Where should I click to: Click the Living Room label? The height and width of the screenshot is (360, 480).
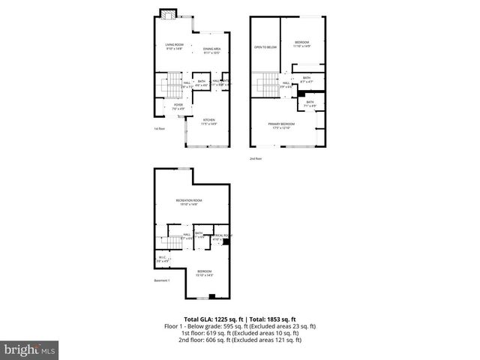coord(174,47)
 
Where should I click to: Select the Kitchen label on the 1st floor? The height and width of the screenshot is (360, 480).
coord(209,121)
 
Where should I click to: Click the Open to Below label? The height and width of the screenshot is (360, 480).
coord(265,47)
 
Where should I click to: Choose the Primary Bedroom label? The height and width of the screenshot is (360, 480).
coord(283,125)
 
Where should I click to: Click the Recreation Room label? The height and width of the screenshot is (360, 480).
coord(189,202)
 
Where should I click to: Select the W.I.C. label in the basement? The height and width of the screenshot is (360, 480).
coord(162,259)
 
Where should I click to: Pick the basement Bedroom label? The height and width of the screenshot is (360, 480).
coord(205,272)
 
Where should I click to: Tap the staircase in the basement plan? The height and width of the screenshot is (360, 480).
coord(166,241)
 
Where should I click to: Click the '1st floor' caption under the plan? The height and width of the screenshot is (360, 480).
coord(158,129)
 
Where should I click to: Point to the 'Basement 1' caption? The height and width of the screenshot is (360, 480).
coord(163,280)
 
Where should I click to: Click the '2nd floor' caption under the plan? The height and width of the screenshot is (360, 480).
coord(256,158)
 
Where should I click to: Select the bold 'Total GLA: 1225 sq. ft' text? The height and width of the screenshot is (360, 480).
coord(211,319)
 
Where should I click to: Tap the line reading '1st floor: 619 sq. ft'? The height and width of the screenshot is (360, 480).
coord(240,333)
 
